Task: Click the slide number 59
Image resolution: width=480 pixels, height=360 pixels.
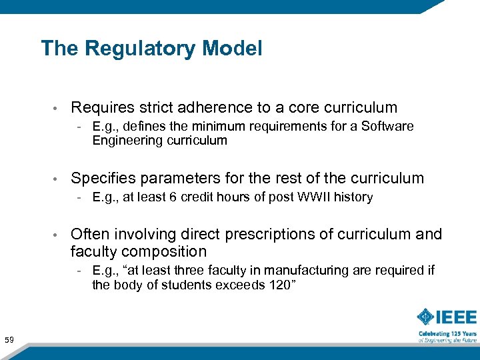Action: click(9, 341)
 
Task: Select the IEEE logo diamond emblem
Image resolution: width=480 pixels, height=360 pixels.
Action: click(426, 317)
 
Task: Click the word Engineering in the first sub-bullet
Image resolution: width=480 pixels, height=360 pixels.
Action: click(124, 140)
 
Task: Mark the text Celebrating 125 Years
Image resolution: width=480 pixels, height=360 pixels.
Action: click(447, 333)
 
